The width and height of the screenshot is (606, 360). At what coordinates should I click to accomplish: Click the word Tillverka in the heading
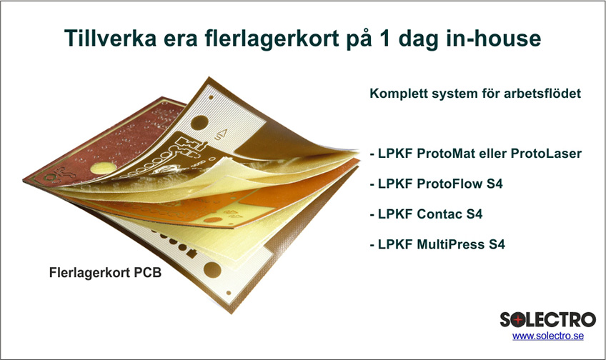point(111,38)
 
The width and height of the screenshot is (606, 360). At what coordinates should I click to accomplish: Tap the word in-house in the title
point(494,38)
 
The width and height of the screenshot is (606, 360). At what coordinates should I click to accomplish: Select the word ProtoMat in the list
point(446,154)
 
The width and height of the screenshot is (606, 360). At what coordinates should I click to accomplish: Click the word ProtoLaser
point(546,154)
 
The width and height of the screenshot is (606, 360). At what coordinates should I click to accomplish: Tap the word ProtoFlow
point(450,184)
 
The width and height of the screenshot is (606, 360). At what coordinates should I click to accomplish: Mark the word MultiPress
point(451,244)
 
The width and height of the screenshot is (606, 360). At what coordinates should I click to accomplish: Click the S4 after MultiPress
point(497,244)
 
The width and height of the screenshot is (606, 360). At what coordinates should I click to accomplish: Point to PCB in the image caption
point(148,273)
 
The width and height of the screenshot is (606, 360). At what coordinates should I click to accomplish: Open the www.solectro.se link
point(548,336)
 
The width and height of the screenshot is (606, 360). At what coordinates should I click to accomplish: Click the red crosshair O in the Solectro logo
point(519,320)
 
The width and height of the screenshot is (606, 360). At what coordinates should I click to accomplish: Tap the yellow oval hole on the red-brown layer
point(103,168)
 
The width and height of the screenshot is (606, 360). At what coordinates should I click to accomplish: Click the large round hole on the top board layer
point(199,122)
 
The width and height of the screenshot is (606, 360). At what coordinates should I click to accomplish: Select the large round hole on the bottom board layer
point(212,269)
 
